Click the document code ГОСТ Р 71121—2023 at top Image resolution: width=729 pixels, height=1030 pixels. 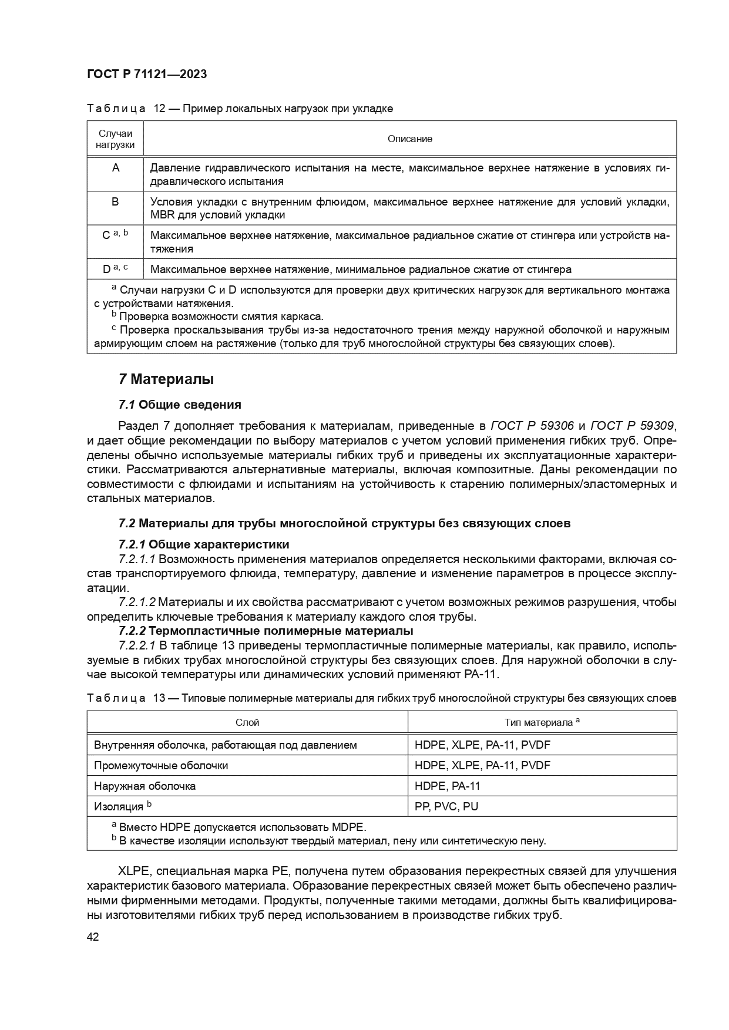(x=146, y=74)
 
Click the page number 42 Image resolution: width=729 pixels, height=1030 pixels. (x=93, y=936)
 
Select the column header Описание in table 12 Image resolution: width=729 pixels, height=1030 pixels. (x=409, y=139)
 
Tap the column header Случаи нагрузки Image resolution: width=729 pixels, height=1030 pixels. (x=115, y=139)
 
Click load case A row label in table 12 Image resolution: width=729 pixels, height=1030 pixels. (x=115, y=168)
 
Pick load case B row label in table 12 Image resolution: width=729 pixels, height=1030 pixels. (x=115, y=201)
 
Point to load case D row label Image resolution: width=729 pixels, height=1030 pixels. (x=107, y=270)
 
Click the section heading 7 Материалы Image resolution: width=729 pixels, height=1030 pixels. (x=166, y=379)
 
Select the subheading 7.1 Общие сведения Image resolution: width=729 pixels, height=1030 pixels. (x=180, y=405)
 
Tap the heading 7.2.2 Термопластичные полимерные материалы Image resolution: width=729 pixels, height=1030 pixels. (x=266, y=631)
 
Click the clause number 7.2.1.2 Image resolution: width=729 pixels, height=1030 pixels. (x=137, y=602)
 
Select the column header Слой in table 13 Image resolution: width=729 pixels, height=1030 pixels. (x=247, y=722)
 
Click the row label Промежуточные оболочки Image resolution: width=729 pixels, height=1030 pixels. (x=161, y=765)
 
